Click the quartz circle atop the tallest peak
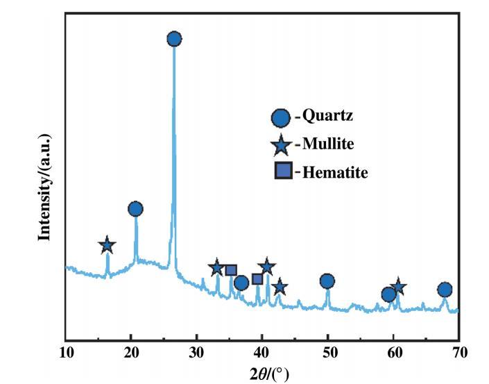pyautogui.click(x=174, y=39)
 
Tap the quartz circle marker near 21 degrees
pyautogui.click(x=135, y=209)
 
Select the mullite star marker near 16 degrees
pyautogui.click(x=107, y=245)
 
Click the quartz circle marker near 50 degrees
pyautogui.click(x=327, y=281)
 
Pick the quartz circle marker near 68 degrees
pyautogui.click(x=445, y=290)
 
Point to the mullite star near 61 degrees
pyautogui.click(x=398, y=286)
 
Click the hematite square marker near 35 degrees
pyautogui.click(x=232, y=270)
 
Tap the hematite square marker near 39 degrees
pyautogui.click(x=257, y=279)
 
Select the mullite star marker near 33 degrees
pyautogui.click(x=216, y=268)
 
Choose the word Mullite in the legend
pyautogui.click(x=328, y=144)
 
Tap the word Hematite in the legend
pyautogui.click(x=335, y=172)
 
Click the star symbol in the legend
pyautogui.click(x=281, y=144)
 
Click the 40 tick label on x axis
pyautogui.click(x=262, y=353)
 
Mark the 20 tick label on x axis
pyautogui.click(x=131, y=353)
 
